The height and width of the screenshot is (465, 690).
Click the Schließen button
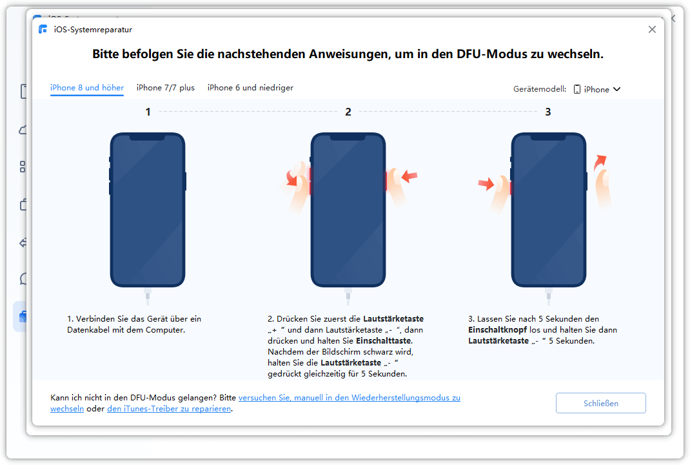pyautogui.click(x=600, y=403)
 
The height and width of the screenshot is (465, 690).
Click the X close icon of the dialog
pyautogui.click(x=652, y=29)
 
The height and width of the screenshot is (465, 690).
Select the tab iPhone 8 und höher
pyautogui.click(x=87, y=88)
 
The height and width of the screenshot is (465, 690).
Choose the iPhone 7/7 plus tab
pyautogui.click(x=166, y=88)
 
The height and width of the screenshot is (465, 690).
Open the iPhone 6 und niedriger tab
pyautogui.click(x=250, y=88)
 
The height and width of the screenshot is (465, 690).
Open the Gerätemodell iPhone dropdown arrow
pyautogui.click(x=617, y=89)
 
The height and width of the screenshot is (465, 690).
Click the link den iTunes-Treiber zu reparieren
pyautogui.click(x=170, y=409)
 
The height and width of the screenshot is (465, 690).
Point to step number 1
pyautogui.click(x=148, y=112)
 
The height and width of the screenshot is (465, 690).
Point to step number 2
pyautogui.click(x=348, y=112)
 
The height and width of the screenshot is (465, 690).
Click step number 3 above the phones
pyautogui.click(x=548, y=112)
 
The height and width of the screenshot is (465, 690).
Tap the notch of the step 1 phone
pyautogui.click(x=148, y=138)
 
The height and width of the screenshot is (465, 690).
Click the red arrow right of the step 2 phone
pyautogui.click(x=409, y=177)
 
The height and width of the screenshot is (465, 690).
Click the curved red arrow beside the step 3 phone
pyautogui.click(x=599, y=163)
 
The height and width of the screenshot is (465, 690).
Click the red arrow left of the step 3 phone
pyautogui.click(x=486, y=184)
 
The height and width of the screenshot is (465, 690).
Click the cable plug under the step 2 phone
pyautogui.click(x=348, y=296)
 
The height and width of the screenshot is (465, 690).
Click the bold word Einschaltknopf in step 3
pyautogui.click(x=497, y=329)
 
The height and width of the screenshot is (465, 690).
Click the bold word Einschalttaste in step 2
pyautogui.click(x=384, y=341)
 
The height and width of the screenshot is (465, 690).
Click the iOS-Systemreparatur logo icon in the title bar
pyautogui.click(x=43, y=29)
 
